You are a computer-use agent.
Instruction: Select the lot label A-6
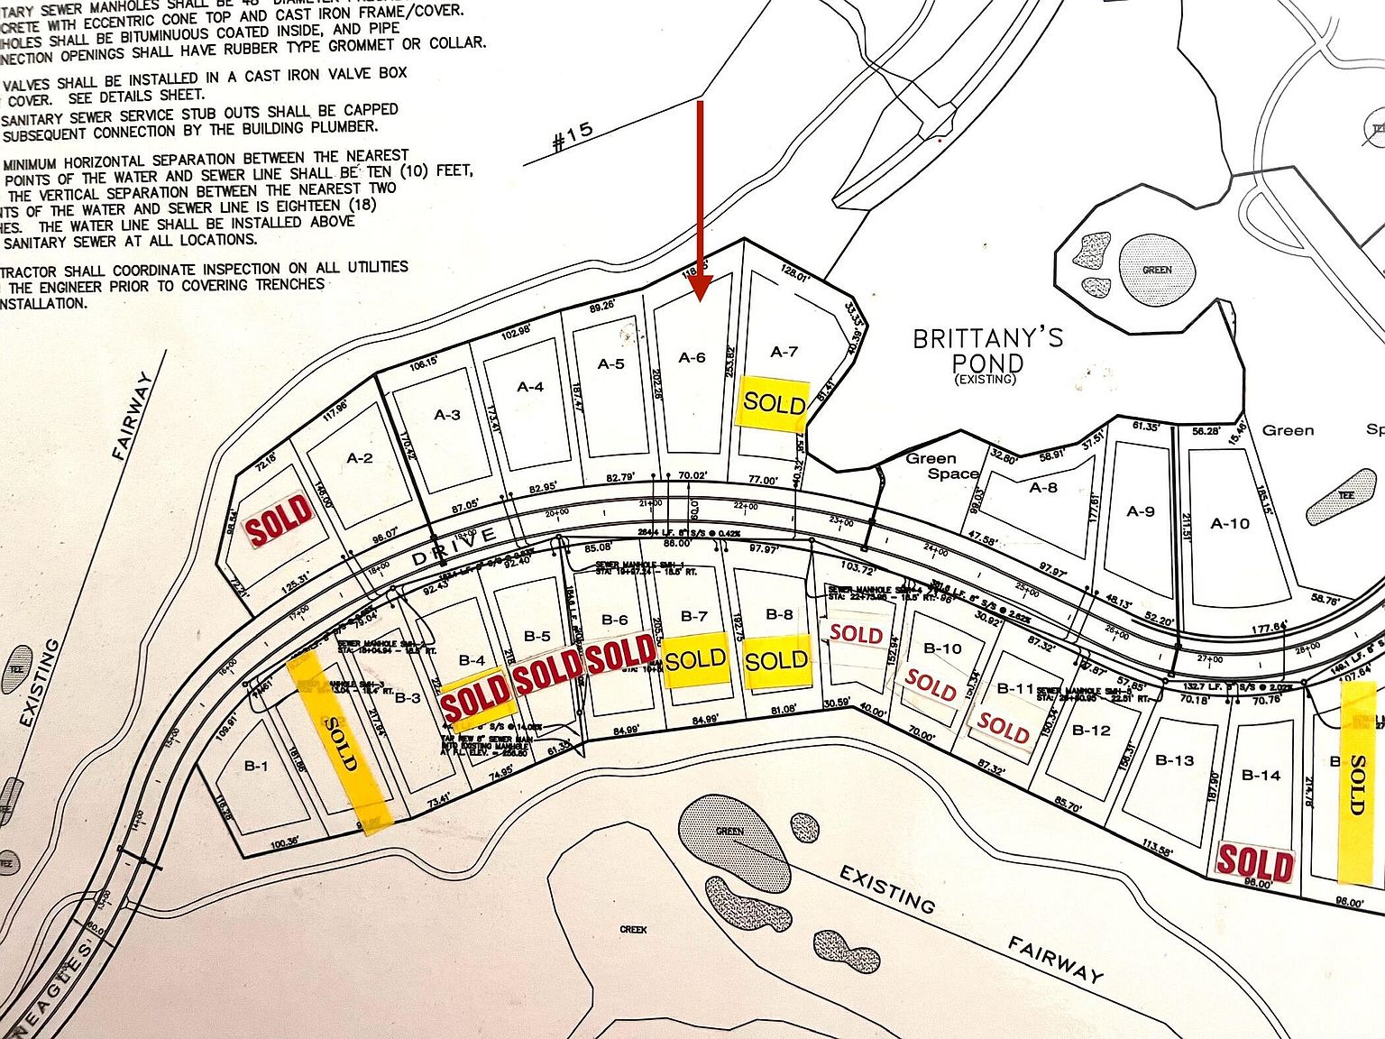tap(692, 358)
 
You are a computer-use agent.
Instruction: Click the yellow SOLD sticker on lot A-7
tap(774, 402)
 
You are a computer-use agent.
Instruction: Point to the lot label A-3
tap(447, 415)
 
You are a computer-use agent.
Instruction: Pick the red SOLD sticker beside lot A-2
tap(280, 519)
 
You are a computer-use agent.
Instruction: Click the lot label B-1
tap(256, 766)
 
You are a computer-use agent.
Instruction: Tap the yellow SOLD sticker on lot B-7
tap(695, 660)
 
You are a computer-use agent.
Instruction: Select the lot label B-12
tap(1091, 730)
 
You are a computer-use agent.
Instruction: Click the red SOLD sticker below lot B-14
tap(1255, 862)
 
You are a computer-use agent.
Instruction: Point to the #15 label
tap(573, 136)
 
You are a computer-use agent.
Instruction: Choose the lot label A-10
tap(1230, 523)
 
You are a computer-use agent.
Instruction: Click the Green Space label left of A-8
tap(942, 465)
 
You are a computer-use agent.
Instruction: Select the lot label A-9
tap(1141, 511)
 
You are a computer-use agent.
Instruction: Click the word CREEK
tap(633, 929)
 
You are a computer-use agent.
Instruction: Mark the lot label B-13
tap(1174, 760)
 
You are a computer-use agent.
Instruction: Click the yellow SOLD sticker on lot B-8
tap(776, 660)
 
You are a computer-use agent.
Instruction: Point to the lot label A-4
tap(530, 387)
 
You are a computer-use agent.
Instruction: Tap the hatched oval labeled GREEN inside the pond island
tap(1157, 270)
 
